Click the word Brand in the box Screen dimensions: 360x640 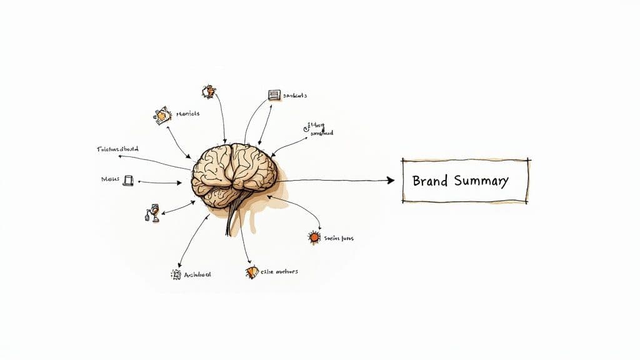[430, 181]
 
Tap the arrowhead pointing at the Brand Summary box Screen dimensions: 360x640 [390, 181]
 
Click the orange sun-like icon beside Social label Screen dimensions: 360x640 [314, 237]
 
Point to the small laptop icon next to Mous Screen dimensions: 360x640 [128, 181]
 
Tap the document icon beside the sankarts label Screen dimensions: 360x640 [273, 96]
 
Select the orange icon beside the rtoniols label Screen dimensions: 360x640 [162, 115]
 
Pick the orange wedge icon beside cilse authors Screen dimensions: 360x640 [252, 272]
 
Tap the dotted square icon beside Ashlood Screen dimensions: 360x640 [176, 274]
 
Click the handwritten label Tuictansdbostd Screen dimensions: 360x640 [118, 149]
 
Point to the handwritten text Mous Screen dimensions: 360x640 [109, 179]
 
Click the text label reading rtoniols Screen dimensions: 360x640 [188, 114]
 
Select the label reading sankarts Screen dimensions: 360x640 [295, 96]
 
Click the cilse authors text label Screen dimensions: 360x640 [279, 272]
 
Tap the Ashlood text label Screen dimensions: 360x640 [198, 274]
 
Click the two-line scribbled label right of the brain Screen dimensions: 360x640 [319, 129]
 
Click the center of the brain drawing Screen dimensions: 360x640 [234, 169]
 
